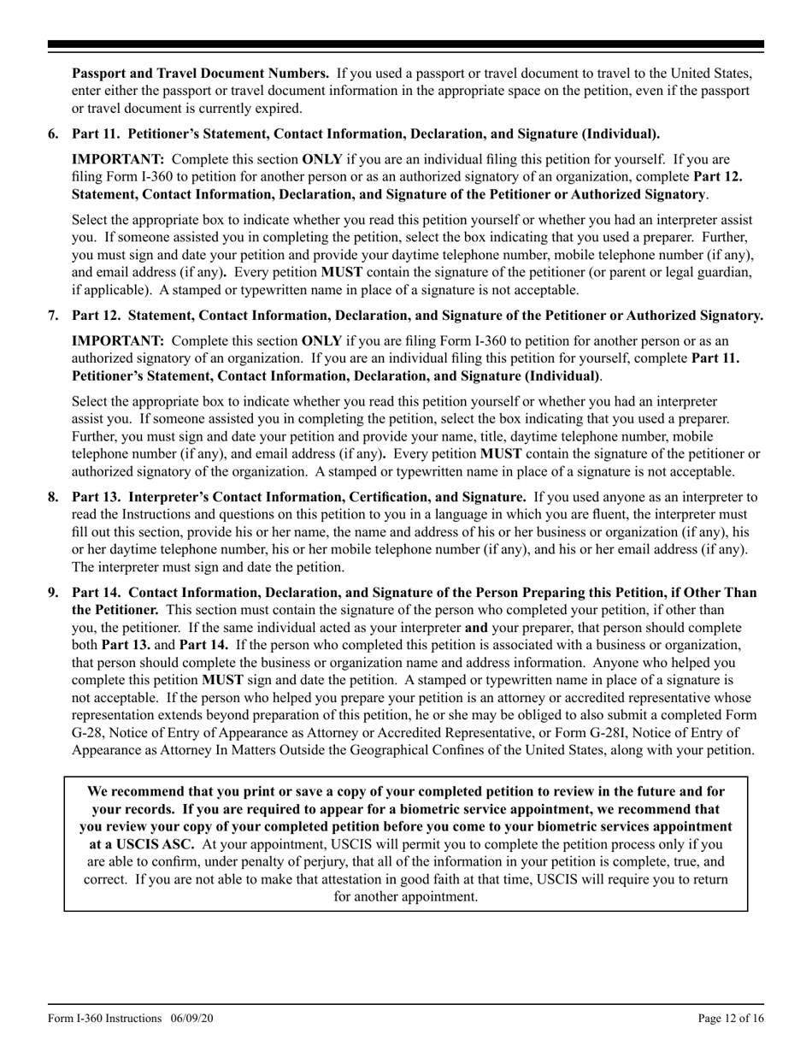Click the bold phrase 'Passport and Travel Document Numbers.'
(200, 73)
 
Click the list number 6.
(53, 133)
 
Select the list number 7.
(53, 316)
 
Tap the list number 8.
(53, 497)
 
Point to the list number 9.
(53, 592)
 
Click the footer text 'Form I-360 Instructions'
(104, 1018)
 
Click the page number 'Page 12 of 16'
(731, 1018)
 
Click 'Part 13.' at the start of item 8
(97, 497)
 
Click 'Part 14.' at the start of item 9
(97, 592)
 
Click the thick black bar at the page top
(406, 44)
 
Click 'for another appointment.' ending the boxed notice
(406, 896)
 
